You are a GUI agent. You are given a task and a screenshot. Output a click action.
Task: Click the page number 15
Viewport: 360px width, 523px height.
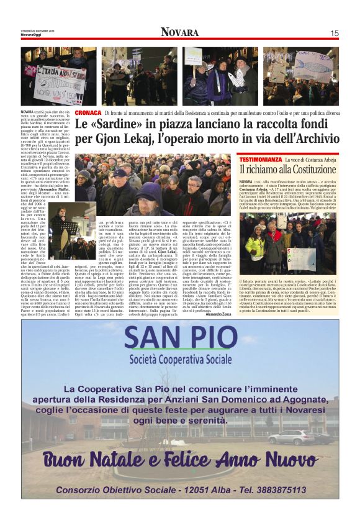pyautogui.click(x=334, y=32)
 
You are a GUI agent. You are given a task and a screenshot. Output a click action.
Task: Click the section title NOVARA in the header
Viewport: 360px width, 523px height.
pyautogui.click(x=180, y=32)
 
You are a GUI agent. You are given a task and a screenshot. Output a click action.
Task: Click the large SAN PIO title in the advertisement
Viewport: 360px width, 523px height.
pyautogui.click(x=181, y=339)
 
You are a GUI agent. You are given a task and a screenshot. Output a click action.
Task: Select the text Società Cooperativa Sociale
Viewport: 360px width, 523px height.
pyautogui.click(x=180, y=360)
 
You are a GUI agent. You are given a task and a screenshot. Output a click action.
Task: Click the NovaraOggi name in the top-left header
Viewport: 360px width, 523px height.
pyautogui.click(x=33, y=35)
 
